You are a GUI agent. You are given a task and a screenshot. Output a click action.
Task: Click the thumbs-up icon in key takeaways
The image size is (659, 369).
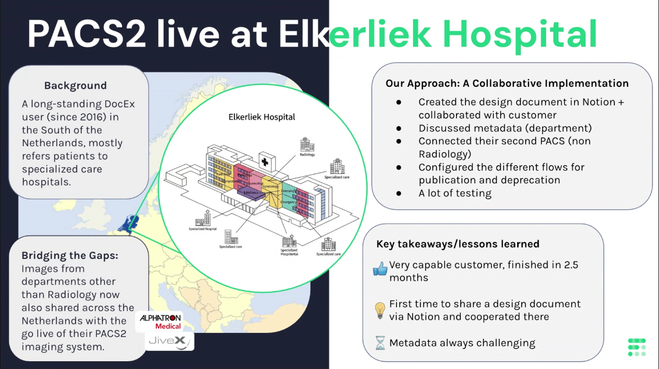(x=380, y=269)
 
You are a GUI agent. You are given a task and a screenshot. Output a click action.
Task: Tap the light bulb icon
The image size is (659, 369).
(x=380, y=310)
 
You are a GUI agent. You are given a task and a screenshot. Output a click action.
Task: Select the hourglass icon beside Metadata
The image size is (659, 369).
(x=380, y=343)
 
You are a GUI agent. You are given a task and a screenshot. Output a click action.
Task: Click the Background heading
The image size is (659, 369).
(x=76, y=86)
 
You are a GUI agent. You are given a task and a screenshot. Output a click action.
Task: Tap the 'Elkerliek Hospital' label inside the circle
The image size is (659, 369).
(x=262, y=117)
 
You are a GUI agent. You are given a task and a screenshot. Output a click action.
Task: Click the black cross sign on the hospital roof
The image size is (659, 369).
(x=265, y=162)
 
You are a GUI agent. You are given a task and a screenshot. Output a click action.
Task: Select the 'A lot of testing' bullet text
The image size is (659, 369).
(x=455, y=193)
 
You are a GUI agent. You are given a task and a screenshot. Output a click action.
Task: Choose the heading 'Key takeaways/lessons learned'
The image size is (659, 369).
(x=458, y=244)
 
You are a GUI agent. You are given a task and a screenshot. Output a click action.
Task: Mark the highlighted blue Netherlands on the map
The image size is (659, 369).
(x=126, y=224)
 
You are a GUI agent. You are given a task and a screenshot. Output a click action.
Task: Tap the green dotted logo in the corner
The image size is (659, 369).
(x=636, y=347)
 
